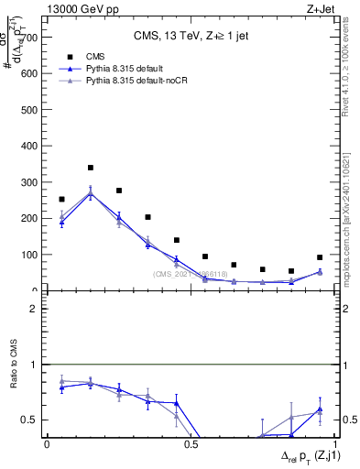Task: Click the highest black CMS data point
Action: (x=90, y=168)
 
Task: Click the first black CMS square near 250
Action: (x=61, y=199)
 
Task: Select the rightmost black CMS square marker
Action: (x=320, y=257)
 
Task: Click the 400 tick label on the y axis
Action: (x=31, y=146)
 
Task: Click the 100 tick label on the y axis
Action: (x=31, y=255)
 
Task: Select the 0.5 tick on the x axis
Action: (x=189, y=445)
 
